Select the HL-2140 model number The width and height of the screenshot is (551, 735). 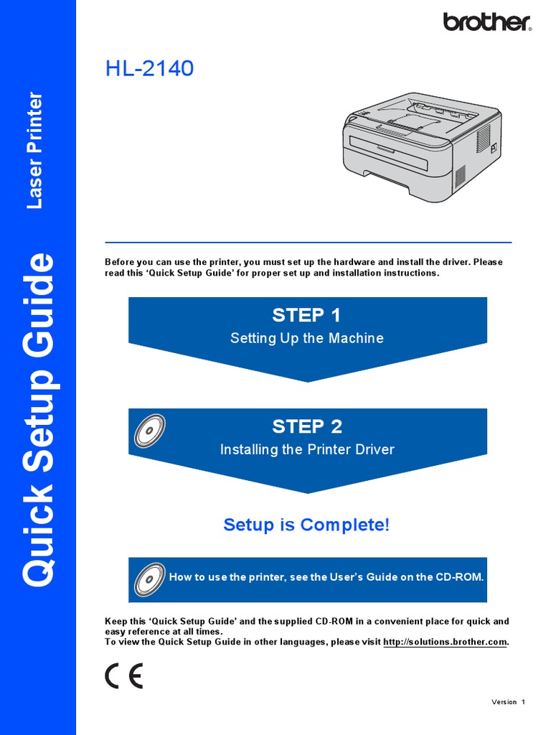point(149,69)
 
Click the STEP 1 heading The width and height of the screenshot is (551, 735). point(306,315)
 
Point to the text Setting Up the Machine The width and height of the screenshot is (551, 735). point(306,338)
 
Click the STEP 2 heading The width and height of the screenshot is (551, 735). point(306,426)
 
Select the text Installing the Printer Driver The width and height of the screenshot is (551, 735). point(306,449)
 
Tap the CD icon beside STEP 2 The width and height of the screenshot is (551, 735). point(149,431)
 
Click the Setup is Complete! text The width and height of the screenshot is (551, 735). point(306,525)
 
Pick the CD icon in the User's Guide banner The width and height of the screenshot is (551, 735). point(149,578)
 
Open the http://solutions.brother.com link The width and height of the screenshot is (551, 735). point(445,642)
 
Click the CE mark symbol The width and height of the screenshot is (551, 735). point(123,676)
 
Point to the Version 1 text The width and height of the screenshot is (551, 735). point(508,702)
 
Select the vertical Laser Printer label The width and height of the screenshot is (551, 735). point(34,151)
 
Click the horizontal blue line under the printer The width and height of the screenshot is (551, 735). point(308,243)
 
